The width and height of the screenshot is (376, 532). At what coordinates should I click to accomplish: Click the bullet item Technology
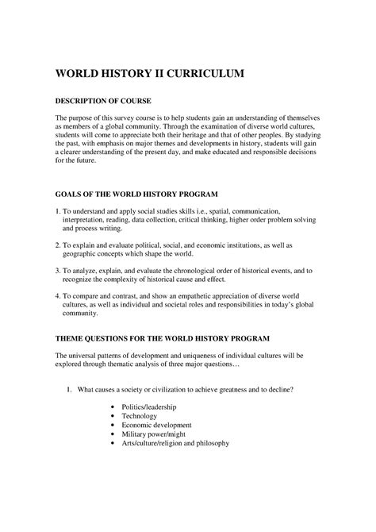coord(142,415)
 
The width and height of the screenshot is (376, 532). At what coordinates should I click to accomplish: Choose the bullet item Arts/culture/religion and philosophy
coord(176,443)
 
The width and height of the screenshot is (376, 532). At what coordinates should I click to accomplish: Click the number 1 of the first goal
coord(56,213)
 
